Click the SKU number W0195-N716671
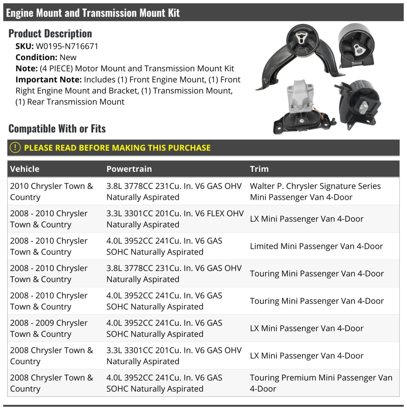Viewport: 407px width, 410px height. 67,46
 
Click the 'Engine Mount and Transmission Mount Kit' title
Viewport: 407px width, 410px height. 93,13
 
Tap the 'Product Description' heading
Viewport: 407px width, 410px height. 50,33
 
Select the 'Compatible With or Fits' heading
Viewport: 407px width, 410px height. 57,129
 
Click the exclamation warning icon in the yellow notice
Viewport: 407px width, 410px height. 15,148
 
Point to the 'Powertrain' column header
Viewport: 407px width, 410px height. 129,169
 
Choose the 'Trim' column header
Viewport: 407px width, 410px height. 259,169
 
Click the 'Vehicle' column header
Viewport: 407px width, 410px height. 25,169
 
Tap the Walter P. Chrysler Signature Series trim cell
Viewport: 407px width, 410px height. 315,191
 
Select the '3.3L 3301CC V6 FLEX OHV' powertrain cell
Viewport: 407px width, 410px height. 175,219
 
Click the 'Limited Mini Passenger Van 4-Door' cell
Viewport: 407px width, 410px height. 316,246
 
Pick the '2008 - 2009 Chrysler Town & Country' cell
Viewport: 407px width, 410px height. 49,328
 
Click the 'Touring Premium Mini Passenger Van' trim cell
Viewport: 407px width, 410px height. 321,383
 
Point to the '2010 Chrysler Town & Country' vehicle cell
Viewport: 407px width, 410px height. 51,191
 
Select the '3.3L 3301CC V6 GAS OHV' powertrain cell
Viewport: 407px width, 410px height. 174,356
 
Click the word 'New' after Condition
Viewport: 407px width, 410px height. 68,57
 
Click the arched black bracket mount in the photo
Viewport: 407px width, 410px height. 298,55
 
